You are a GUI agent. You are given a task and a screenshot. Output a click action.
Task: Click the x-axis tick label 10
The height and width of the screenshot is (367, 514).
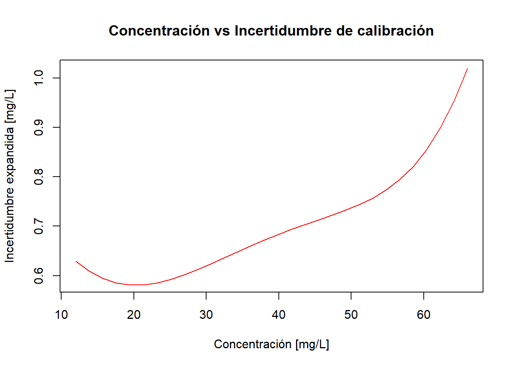point(61,315)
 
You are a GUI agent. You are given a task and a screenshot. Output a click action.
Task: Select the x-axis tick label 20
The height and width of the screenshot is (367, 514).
point(134,315)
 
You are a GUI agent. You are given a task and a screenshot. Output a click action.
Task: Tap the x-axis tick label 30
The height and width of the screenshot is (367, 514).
point(206,315)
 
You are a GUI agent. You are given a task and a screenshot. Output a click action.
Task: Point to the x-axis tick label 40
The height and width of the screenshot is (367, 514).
point(278,315)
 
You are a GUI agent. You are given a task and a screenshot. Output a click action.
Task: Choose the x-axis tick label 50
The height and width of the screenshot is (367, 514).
point(351,315)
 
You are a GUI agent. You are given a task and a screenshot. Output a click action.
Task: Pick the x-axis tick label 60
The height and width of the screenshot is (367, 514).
point(424,315)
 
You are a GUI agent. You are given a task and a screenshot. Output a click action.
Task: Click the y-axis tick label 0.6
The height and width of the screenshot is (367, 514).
point(39,276)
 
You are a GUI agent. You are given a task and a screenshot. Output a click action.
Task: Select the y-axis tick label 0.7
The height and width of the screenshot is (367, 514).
point(39,226)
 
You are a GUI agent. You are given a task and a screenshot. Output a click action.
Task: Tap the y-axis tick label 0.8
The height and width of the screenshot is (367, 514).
point(39,177)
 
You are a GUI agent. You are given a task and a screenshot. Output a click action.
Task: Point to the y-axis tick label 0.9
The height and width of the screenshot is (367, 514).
point(39,127)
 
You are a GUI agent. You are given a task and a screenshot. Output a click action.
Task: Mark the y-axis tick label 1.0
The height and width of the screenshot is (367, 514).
point(39,78)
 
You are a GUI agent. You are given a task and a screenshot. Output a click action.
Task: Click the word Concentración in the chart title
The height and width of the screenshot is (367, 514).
point(159,31)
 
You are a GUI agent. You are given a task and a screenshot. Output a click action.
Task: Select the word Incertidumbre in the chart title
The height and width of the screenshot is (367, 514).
point(283,31)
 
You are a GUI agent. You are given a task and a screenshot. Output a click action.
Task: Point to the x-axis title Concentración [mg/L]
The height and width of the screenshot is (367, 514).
point(272,344)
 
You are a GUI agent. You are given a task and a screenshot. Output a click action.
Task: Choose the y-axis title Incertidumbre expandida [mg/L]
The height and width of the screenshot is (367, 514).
point(10,176)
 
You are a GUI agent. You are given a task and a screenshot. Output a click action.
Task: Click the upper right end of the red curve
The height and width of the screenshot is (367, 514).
point(467,68)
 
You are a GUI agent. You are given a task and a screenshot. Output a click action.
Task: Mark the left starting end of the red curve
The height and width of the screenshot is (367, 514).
point(76,261)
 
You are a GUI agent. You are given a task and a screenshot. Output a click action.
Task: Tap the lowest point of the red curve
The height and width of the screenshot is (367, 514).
point(138,285)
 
